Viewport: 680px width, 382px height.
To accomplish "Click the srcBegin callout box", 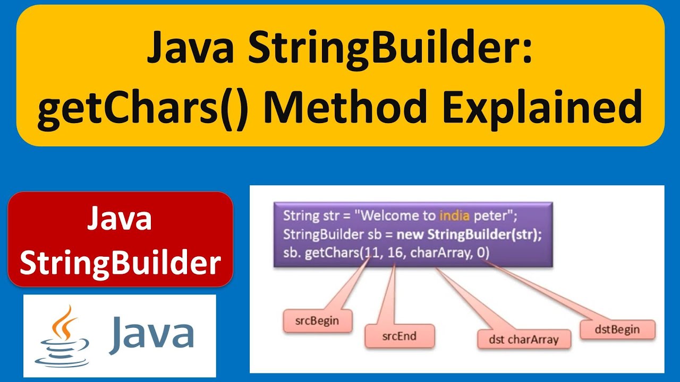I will pyautogui.click(x=317, y=321).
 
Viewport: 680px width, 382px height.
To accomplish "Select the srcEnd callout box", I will pyautogui.click(x=399, y=336).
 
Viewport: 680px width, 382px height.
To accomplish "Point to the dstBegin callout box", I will pyautogui.click(x=617, y=329).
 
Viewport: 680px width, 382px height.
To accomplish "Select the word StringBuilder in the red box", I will pyautogui.click(x=120, y=263).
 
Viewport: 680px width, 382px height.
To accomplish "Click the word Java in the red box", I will pyautogui.click(x=120, y=219).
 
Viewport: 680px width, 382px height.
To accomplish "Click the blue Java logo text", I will pyautogui.click(x=151, y=333).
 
